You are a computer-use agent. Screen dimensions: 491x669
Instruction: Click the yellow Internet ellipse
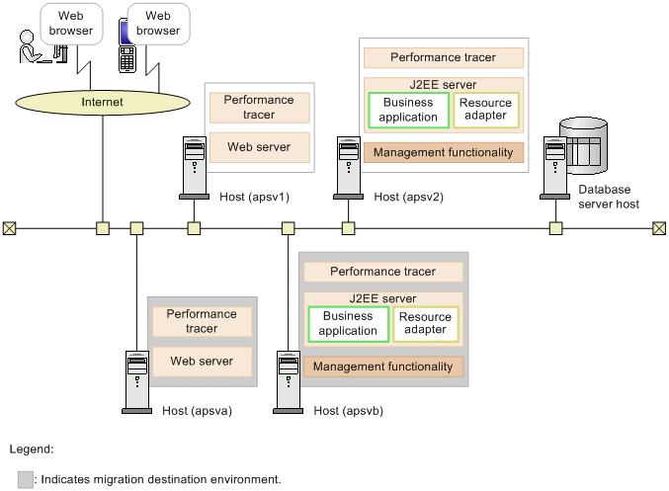(x=103, y=102)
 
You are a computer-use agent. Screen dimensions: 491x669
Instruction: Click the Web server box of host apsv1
(x=259, y=147)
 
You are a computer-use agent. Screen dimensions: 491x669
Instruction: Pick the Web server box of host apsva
(x=202, y=362)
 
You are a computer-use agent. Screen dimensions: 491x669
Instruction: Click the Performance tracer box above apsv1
(x=259, y=108)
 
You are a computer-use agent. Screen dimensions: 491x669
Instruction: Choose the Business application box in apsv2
(x=409, y=110)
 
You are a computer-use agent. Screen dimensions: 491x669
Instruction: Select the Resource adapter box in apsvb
(x=426, y=323)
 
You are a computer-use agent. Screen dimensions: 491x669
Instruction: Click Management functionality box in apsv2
(x=444, y=153)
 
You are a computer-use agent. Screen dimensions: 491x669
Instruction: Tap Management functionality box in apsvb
(x=383, y=367)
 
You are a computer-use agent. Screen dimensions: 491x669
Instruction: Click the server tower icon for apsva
(x=137, y=381)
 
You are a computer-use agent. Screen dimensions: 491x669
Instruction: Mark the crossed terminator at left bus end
(x=9, y=228)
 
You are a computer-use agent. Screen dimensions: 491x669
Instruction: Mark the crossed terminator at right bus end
(x=659, y=228)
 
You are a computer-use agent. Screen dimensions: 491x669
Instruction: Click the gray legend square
(x=26, y=479)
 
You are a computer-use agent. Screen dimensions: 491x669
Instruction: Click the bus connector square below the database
(x=556, y=228)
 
